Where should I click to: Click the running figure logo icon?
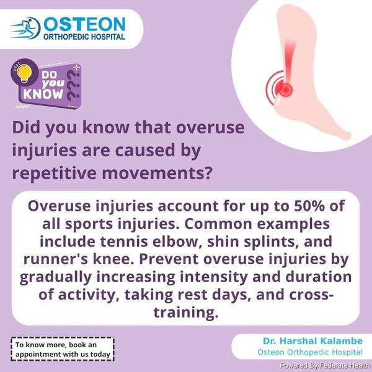[x=25, y=29]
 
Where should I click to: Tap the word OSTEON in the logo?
[x=84, y=24]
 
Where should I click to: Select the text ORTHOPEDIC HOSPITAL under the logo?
[x=84, y=37]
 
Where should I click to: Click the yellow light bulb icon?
[x=24, y=73]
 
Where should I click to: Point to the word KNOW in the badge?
[x=43, y=94]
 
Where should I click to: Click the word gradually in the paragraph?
[x=56, y=278]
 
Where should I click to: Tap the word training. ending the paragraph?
[x=186, y=312]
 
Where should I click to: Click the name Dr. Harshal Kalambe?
[x=312, y=340]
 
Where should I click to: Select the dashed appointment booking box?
[x=63, y=349]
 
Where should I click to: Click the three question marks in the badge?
[x=74, y=86]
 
